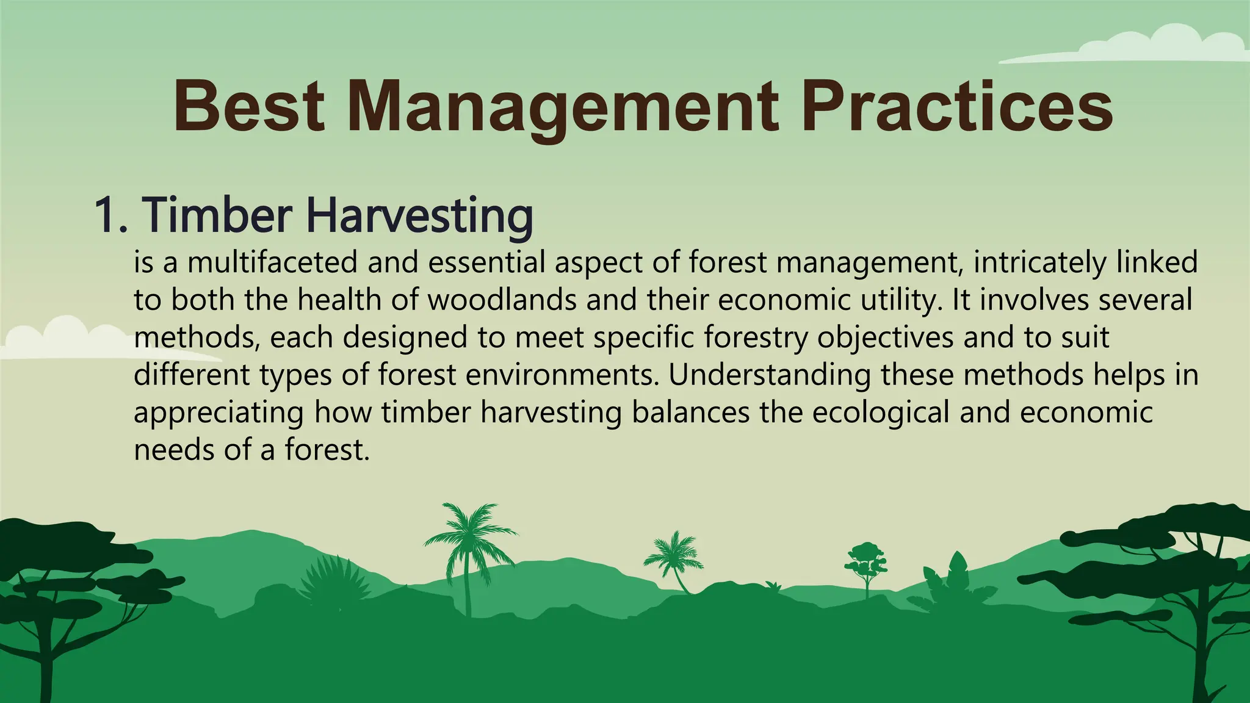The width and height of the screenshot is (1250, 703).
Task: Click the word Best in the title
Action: [x=248, y=107]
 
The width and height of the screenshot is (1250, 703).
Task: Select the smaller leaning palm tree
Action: [x=674, y=555]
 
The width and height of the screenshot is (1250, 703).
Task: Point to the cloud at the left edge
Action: [x=67, y=339]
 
